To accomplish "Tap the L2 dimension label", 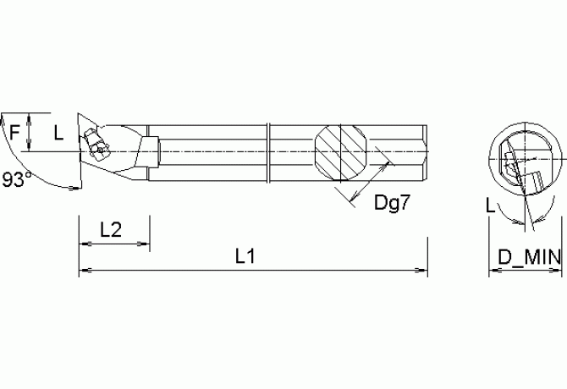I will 113,230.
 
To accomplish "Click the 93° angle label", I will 17,179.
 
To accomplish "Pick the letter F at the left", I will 14,132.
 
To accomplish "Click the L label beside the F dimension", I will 58,132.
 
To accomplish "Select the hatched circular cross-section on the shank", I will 341,152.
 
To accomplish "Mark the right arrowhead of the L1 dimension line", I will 422,271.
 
